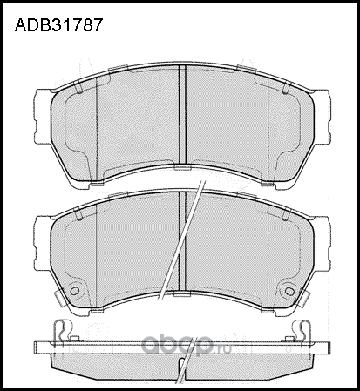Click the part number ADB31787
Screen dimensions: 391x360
click(58, 25)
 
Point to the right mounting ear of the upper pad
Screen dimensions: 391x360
click(322, 112)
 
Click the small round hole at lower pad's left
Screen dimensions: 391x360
click(73, 291)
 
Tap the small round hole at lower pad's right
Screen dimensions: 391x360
click(288, 291)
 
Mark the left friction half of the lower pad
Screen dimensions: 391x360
click(118, 253)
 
